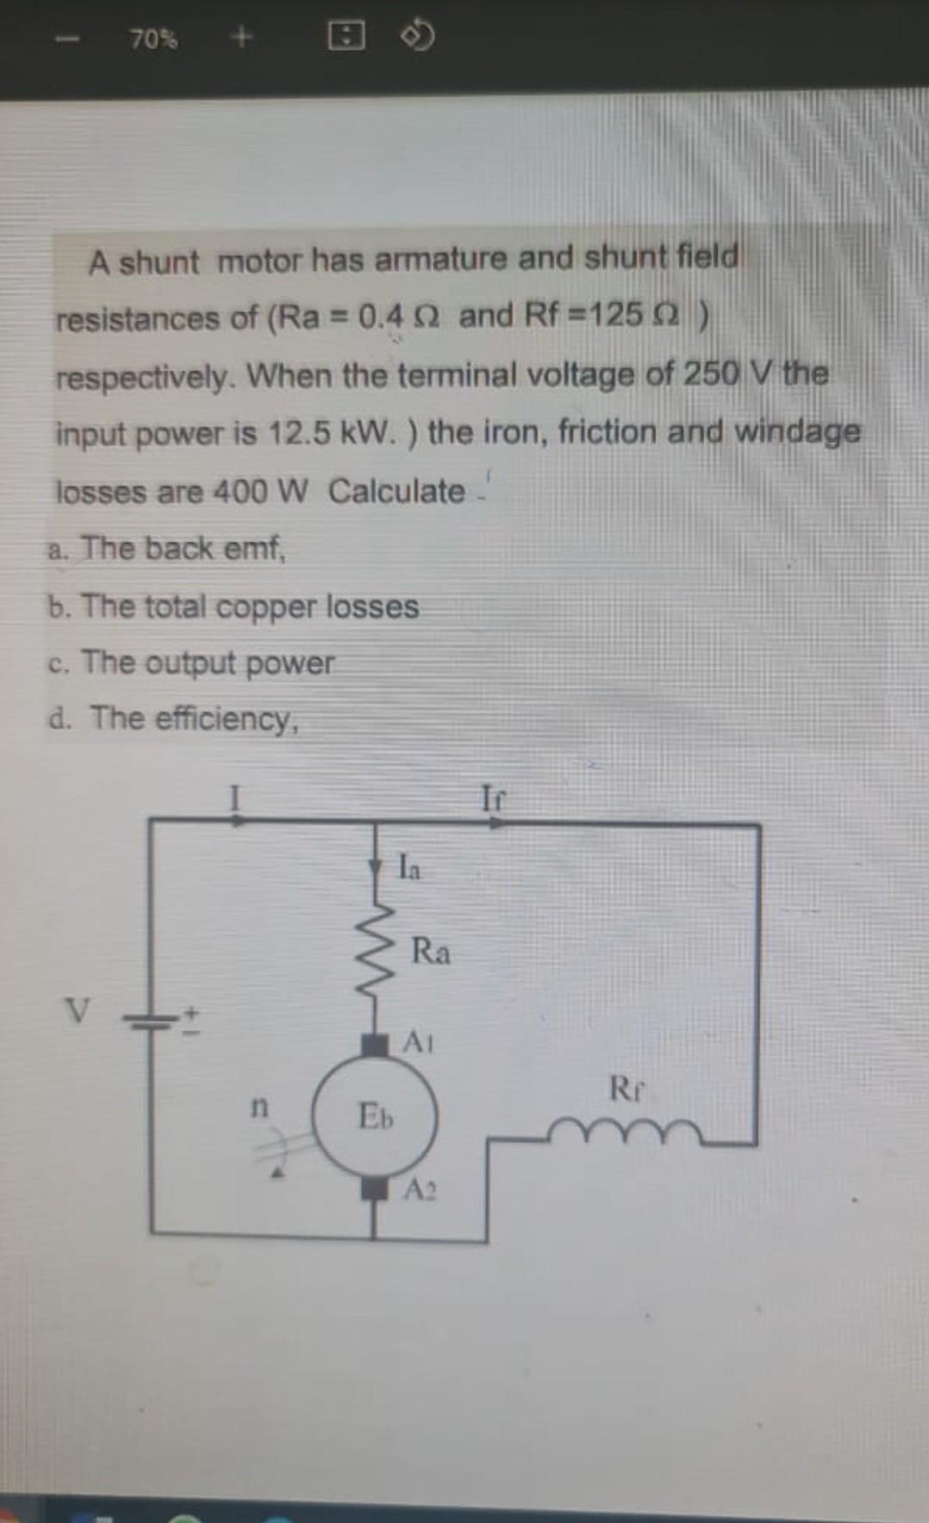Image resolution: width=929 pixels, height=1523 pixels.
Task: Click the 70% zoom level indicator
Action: point(154,39)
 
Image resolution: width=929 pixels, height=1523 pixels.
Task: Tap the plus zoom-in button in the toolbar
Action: point(243,37)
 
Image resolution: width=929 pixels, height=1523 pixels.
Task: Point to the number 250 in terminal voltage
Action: point(711,373)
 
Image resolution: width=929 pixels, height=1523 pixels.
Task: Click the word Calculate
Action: point(397,491)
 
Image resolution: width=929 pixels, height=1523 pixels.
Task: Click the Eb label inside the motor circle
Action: point(375,1116)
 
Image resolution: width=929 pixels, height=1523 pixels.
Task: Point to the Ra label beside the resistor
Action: point(430,951)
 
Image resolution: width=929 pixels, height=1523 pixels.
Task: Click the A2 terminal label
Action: point(420,1190)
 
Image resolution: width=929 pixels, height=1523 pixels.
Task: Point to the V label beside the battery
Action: point(77,1011)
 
